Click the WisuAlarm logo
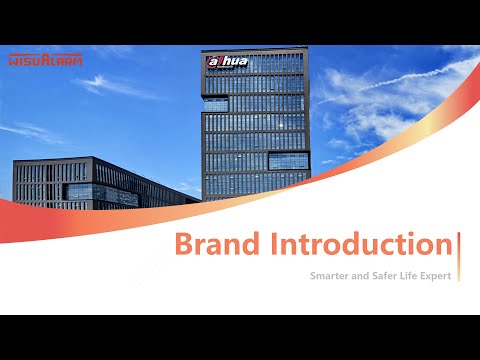45,60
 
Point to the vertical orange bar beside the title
458,246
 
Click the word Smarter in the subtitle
332,273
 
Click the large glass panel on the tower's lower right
285,160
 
